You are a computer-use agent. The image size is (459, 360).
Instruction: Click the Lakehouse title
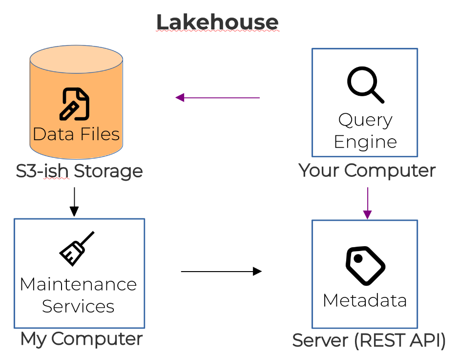217,22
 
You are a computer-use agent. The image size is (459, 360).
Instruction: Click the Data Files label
76,133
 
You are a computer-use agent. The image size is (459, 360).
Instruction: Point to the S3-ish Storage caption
79,171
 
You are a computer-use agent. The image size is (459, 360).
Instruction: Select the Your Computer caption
367,170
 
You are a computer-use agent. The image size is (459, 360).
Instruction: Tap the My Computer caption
81,339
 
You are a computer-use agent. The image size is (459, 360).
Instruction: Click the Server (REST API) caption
369,340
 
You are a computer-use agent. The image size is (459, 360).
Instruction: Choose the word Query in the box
365,120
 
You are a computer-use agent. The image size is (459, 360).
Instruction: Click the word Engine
365,142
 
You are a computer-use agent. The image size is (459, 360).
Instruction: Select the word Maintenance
79,284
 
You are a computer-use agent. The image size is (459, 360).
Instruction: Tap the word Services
78,306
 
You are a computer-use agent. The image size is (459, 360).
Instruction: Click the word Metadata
365,300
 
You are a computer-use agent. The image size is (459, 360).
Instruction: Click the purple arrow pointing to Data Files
217,98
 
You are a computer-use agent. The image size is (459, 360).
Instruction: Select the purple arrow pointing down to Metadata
367,203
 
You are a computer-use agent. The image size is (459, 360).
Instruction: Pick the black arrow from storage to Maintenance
74,201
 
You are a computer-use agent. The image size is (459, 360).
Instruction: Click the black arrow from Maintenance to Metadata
221,271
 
